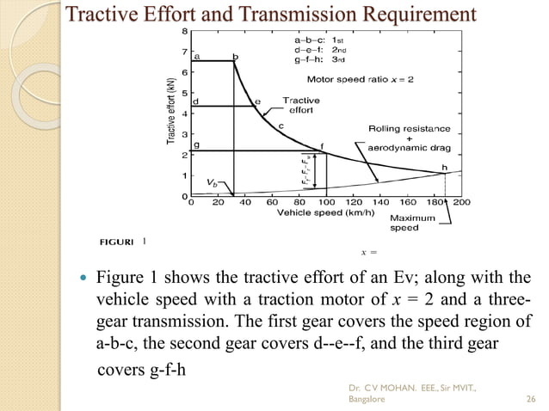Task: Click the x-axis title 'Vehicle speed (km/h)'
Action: (x=318, y=213)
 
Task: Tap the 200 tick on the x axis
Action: (x=461, y=205)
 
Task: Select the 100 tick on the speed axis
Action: (x=326, y=205)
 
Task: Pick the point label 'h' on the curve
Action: (x=444, y=166)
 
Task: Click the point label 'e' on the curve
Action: (x=257, y=101)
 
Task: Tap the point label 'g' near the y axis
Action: (x=197, y=145)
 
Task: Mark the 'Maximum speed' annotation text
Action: (x=404, y=223)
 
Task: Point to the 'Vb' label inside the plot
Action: (x=213, y=182)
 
